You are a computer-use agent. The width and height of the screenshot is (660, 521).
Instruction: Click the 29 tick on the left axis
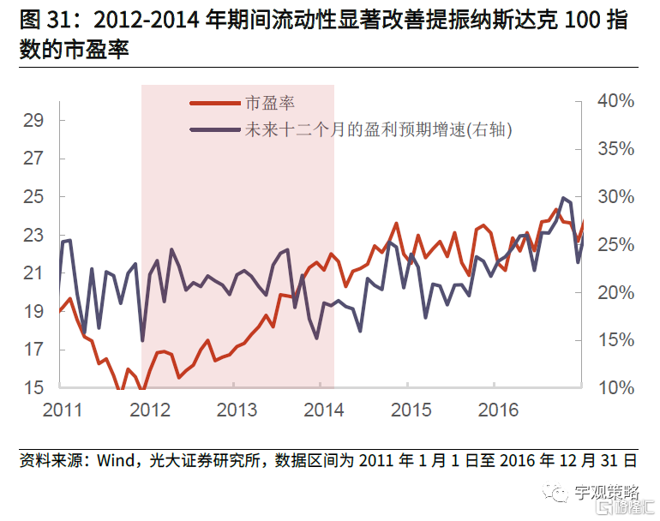pos(33,120)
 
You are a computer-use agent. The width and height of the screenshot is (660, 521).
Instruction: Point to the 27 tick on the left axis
pos(33,159)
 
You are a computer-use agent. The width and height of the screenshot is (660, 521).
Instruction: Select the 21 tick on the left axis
pos(33,273)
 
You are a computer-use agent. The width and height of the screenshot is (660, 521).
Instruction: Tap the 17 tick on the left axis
pos(33,350)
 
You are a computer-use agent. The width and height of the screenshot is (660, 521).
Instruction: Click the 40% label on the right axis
pos(615,101)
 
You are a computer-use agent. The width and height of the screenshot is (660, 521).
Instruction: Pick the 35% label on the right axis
pos(615,149)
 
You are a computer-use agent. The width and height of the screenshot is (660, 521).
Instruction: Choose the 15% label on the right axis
pos(615,340)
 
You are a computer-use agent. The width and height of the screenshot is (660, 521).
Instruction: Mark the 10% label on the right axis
pos(615,388)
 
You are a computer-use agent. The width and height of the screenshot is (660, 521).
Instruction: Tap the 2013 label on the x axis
pos(237,410)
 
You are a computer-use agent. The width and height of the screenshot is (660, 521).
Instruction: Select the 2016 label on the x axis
pos(498,410)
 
